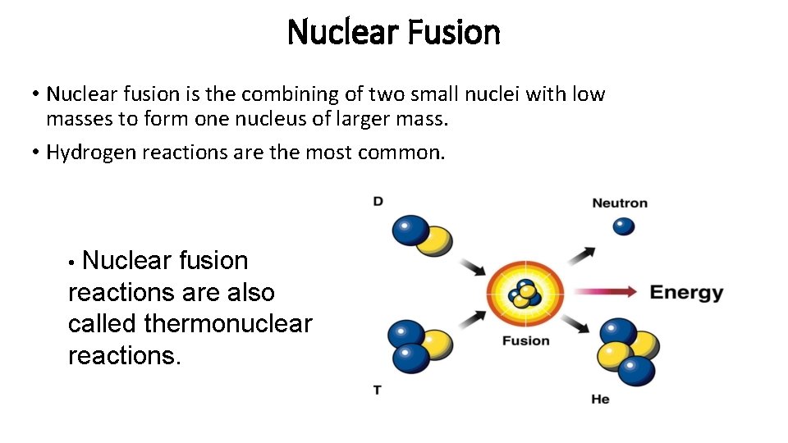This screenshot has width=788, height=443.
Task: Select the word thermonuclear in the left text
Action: pos(227,324)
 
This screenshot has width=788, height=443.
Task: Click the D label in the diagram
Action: pos(378,201)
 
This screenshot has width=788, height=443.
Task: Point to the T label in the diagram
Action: pos(378,390)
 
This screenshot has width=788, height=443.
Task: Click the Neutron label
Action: pos(620,203)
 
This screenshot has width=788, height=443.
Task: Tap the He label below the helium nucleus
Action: pos(600,400)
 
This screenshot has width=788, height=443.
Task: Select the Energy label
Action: pos(686,293)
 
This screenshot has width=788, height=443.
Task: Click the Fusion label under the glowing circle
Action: pos(525,340)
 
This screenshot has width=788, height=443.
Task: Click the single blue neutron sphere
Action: pos(624,226)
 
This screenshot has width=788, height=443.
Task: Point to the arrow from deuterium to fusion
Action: pos(472,267)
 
